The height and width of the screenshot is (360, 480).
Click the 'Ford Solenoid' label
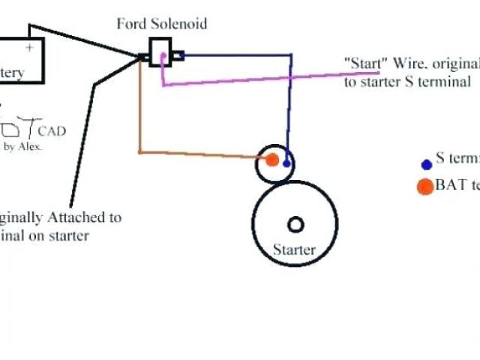pos(161,23)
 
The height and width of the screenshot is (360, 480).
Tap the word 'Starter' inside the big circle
pos(294,250)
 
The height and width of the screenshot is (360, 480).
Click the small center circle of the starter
pos(295,224)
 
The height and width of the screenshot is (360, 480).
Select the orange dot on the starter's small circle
pos(272,159)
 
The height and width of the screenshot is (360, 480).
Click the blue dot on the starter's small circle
pos(286,163)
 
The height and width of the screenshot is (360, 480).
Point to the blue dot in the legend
pos(426,164)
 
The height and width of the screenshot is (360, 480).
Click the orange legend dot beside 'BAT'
pos(425,186)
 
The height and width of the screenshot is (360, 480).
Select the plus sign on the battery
pos(30,46)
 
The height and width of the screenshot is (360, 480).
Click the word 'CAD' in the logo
pos(52,131)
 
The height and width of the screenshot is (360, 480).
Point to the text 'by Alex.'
pos(23,147)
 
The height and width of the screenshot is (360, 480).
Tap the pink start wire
pos(247,79)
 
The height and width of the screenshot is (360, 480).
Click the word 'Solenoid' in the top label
pos(182,23)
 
